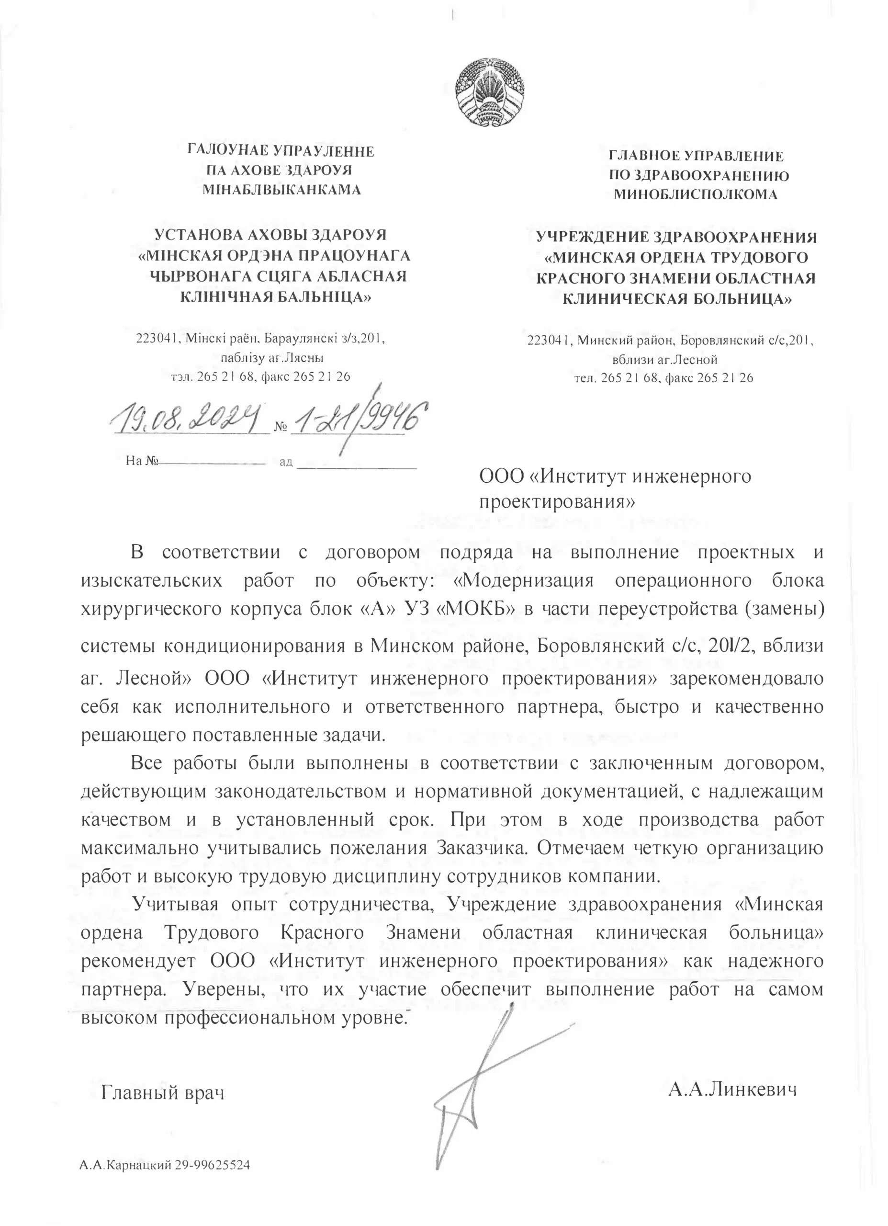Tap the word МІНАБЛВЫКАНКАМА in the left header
coord(281,190)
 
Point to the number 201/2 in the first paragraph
coord(730,646)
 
